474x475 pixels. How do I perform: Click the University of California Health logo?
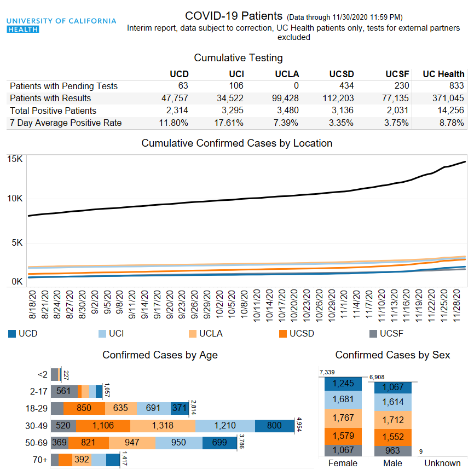click(61, 25)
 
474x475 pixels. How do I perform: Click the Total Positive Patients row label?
click(53, 111)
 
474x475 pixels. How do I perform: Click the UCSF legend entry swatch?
click(373, 333)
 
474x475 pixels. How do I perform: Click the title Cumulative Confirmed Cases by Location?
click(236, 143)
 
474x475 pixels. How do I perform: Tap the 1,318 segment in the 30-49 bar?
click(163, 425)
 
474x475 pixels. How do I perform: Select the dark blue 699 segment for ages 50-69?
click(219, 443)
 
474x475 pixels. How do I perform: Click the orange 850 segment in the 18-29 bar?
click(84, 408)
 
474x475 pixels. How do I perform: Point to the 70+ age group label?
click(40, 460)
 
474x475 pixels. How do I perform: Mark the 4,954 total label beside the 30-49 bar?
click(299, 425)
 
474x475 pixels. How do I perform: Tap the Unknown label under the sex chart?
click(443, 463)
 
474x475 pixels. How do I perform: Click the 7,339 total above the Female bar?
click(326, 373)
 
